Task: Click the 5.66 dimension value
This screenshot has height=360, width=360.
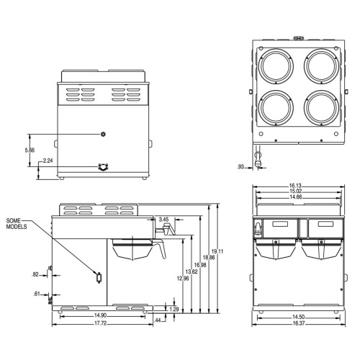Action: pyautogui.click(x=30, y=150)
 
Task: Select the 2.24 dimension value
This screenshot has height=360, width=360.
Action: pyautogui.click(x=48, y=161)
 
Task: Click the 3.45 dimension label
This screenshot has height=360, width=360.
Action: pyautogui.click(x=163, y=219)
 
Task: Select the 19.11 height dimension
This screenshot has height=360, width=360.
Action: pyautogui.click(x=221, y=251)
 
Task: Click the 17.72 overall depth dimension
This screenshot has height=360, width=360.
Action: pyautogui.click(x=101, y=323)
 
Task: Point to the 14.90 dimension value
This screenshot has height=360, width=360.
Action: pyautogui.click(x=100, y=315)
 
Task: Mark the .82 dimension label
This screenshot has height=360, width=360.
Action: pyautogui.click(x=35, y=274)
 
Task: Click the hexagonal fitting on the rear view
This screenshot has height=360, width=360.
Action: pyautogui.click(x=103, y=134)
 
